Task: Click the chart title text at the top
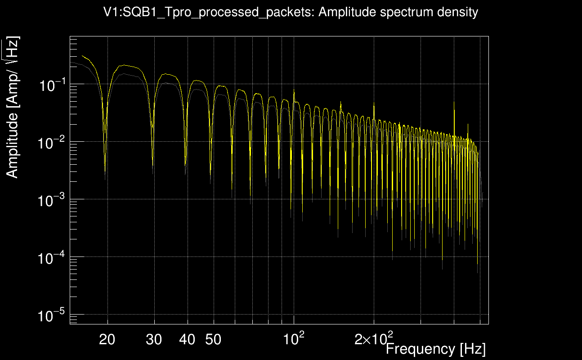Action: [x=291, y=12]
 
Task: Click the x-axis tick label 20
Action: [x=107, y=340]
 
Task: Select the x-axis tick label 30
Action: [x=154, y=340]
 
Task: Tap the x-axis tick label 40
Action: [x=187, y=340]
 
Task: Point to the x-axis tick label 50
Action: [x=213, y=340]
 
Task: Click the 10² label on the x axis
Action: [x=294, y=338]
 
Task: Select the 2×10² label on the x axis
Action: [x=374, y=338]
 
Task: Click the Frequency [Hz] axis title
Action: [x=435, y=349]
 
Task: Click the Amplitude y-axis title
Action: [x=13, y=108]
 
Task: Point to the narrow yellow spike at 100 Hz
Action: [x=294, y=91]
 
